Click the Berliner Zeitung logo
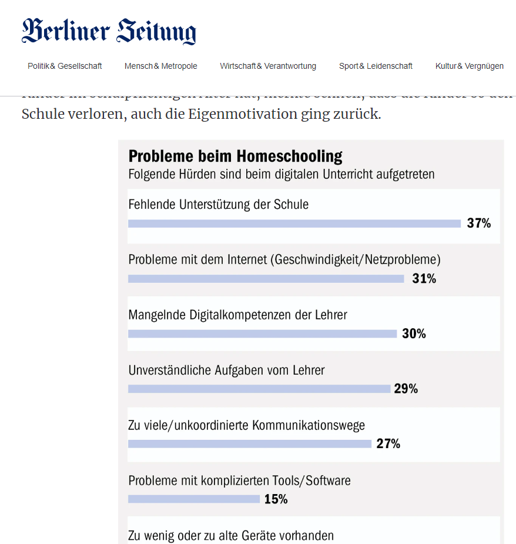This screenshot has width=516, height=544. [109, 31]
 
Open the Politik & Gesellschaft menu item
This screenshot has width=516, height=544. [65, 66]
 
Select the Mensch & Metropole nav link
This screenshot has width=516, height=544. [160, 66]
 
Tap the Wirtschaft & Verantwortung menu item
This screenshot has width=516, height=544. [268, 66]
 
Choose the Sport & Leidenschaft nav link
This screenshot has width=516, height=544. [376, 66]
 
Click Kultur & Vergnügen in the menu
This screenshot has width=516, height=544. [469, 66]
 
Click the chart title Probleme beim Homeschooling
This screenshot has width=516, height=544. [235, 156]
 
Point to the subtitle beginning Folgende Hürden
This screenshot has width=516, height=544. [281, 174]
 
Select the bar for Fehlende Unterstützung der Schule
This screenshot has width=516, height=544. [294, 223]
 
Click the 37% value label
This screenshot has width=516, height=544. [479, 223]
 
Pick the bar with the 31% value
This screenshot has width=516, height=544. [266, 279]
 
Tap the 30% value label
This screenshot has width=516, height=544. [414, 334]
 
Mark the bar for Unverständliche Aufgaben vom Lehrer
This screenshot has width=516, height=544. [259, 389]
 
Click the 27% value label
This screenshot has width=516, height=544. [388, 444]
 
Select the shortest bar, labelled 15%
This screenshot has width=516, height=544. [194, 499]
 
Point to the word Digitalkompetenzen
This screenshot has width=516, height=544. [240, 315]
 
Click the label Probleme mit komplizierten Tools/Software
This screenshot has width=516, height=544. [239, 481]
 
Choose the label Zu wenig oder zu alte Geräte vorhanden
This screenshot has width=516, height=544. [231, 536]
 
